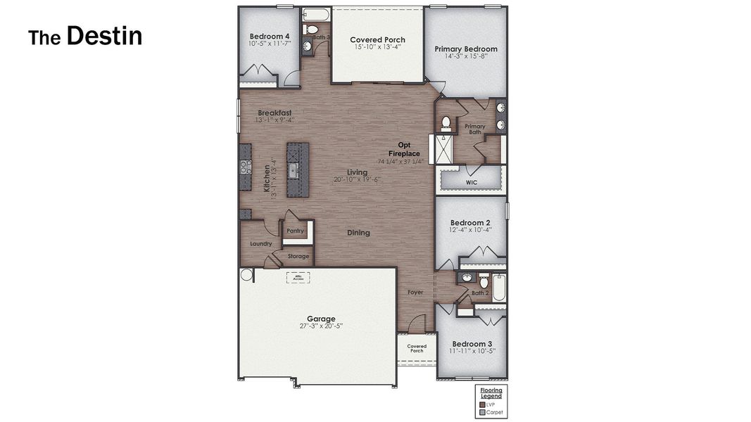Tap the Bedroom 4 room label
pyautogui.click(x=269, y=36)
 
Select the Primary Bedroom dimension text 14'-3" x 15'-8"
pyautogui.click(x=465, y=56)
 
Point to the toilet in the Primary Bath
pyautogui.click(x=445, y=124)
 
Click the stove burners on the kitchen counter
pyautogui.click(x=246, y=167)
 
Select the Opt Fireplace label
pyautogui.click(x=404, y=149)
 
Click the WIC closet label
pyautogui.click(x=472, y=182)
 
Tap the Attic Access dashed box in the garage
pyautogui.click(x=298, y=278)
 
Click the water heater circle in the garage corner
pyautogui.click(x=246, y=275)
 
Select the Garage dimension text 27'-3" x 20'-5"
pyautogui.click(x=320, y=326)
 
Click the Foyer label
pyautogui.click(x=415, y=292)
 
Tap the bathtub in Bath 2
pyautogui.click(x=498, y=288)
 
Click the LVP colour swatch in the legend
pyautogui.click(x=482, y=404)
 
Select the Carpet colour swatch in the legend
pyautogui.click(x=482, y=412)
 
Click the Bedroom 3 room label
pyautogui.click(x=470, y=343)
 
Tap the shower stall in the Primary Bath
pyautogui.click(x=443, y=149)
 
